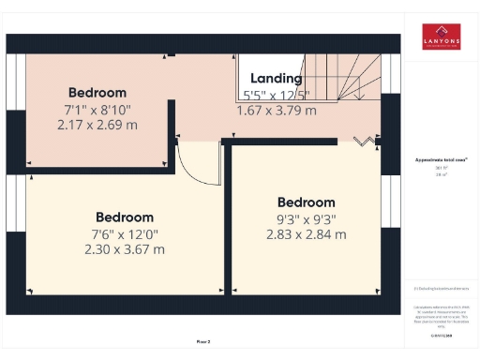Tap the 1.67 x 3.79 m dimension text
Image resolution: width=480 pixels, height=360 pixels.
[276, 110]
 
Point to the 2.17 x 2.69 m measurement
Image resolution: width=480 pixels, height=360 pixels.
[97, 124]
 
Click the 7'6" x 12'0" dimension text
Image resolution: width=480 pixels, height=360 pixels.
[124, 234]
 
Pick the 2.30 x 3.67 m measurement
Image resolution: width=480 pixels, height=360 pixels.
[124, 249]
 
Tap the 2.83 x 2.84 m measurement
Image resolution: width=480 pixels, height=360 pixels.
[306, 233]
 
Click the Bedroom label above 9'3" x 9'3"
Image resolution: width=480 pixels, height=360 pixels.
[306, 202]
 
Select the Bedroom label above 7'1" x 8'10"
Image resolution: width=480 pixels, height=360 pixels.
[97, 93]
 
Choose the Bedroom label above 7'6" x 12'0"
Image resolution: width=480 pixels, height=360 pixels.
[124, 217]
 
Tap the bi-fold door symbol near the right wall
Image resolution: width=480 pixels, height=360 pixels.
[362, 142]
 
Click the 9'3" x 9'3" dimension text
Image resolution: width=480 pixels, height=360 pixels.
[306, 218]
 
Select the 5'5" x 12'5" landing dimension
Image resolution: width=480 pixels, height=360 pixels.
[276, 95]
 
